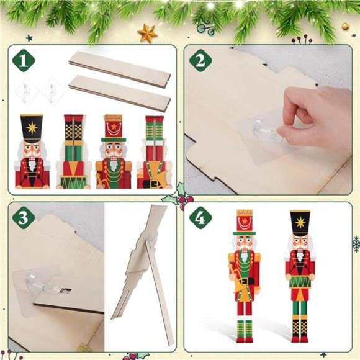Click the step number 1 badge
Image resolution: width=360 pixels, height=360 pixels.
[23, 60]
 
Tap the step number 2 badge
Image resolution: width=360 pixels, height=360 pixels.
[200, 60]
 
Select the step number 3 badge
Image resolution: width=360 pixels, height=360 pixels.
[24, 217]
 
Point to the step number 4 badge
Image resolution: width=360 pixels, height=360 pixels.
[200, 217]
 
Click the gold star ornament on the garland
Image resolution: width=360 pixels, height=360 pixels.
[147, 33]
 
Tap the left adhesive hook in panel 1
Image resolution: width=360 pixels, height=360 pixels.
[27, 92]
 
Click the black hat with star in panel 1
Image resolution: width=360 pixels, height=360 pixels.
[32, 127]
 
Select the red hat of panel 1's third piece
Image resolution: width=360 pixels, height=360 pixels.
[113, 127]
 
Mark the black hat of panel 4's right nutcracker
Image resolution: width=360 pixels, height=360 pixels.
[300, 222]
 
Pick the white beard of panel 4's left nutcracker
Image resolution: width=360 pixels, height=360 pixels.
[244, 256]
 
